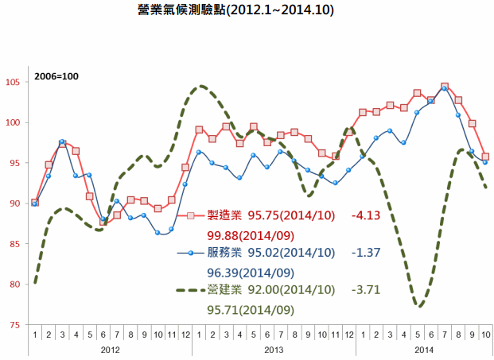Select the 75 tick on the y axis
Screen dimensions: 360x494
[x=16, y=325]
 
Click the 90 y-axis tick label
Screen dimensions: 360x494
[x=16, y=203]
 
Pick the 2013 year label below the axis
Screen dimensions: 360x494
[x=274, y=349]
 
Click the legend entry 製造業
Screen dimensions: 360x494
[x=225, y=215]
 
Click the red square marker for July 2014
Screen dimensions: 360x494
[x=444, y=87]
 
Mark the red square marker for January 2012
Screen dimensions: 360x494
[x=35, y=203]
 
